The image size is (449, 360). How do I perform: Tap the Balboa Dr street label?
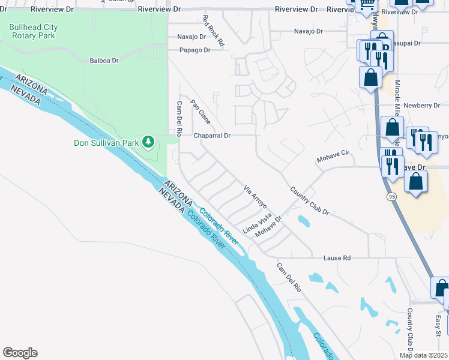(104, 61)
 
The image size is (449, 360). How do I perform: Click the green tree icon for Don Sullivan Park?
(148, 142)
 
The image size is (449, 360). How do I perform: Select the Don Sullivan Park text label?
(106, 143)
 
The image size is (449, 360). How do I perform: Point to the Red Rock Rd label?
(212, 31)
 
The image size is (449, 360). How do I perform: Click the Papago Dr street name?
(193, 50)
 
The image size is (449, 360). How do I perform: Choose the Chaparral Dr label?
(212, 136)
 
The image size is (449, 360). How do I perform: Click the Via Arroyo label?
(255, 197)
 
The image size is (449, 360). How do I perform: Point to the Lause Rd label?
(337, 258)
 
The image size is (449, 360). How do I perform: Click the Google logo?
(20, 353)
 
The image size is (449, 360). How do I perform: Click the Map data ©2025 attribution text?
(423, 355)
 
